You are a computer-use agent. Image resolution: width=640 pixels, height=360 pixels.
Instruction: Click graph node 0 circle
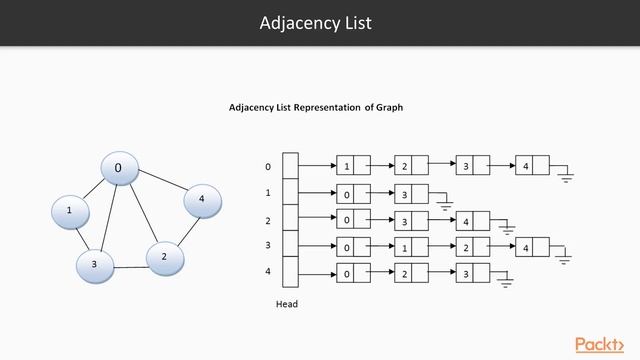pyautogui.click(x=118, y=169)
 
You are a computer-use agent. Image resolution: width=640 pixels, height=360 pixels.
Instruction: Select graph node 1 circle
pyautogui.click(x=69, y=211)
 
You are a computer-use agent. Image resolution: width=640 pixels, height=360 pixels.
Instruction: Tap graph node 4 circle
pyautogui.click(x=201, y=200)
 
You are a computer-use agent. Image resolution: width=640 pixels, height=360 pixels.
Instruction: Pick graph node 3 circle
pyautogui.click(x=94, y=264)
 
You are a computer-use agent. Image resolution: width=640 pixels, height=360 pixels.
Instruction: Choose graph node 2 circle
pyautogui.click(x=163, y=257)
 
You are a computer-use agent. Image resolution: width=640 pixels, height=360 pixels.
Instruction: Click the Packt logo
pyautogui.click(x=602, y=344)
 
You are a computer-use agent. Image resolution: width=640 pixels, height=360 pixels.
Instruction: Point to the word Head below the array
pyautogui.click(x=287, y=304)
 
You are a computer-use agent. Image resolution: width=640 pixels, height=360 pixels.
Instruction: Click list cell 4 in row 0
pyautogui.click(x=525, y=166)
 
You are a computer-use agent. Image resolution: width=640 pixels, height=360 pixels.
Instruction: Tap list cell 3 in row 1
pyautogui.click(x=404, y=193)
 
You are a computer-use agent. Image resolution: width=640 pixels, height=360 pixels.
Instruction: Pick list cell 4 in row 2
pyautogui.click(x=465, y=220)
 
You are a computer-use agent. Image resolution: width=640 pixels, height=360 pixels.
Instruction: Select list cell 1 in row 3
pyautogui.click(x=404, y=246)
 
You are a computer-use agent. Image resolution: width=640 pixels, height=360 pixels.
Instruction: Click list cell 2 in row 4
pyautogui.click(x=404, y=272)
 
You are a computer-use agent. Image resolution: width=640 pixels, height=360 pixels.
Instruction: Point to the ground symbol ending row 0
pyautogui.click(x=566, y=177)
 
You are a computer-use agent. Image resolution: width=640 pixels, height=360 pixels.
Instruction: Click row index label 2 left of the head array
pyautogui.click(x=267, y=220)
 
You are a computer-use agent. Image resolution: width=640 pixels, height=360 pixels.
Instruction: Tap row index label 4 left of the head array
pyautogui.click(x=267, y=271)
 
